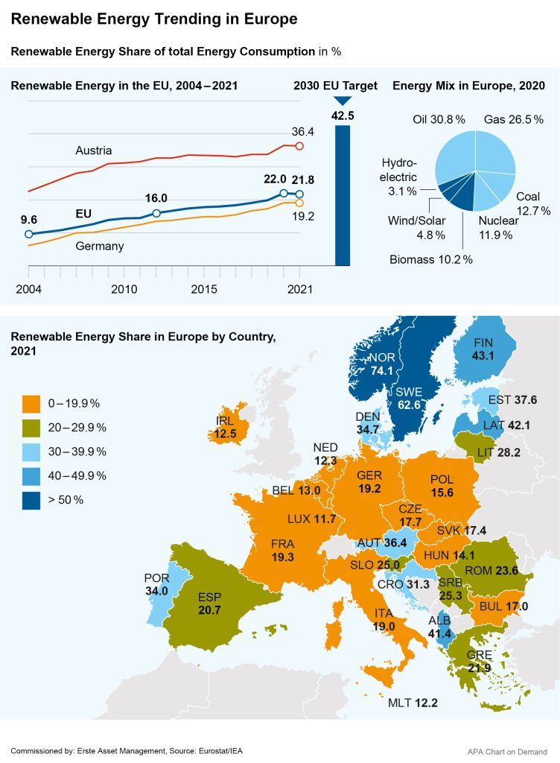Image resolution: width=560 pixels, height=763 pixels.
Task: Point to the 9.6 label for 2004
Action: [28, 220]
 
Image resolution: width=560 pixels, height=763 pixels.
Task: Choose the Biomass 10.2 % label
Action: [431, 259]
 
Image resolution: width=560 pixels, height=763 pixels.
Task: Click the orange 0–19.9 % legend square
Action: [31, 403]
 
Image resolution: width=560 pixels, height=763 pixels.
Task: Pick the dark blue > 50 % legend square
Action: [31, 499]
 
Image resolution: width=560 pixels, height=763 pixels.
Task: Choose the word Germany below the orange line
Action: [100, 246]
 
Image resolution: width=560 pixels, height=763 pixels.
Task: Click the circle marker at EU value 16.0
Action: [156, 214]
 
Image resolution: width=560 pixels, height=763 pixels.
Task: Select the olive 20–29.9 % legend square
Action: [31, 427]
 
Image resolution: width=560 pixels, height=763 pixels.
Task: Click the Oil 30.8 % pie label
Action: [439, 119]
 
